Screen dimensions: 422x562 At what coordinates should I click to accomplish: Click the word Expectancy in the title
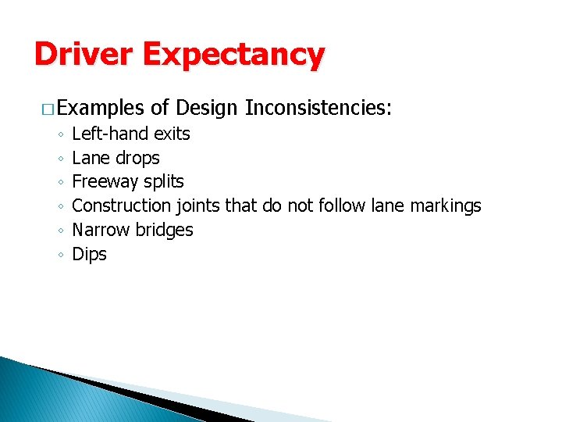point(233,55)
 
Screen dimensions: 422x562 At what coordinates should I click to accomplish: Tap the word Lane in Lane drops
point(91,158)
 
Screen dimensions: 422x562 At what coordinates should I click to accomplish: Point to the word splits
point(164,181)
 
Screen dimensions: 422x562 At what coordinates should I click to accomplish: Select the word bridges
point(165,230)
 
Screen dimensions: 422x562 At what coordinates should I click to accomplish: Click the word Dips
point(89,254)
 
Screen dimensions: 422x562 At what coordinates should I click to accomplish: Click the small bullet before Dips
point(59,255)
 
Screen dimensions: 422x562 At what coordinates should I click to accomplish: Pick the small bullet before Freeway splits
point(59,182)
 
